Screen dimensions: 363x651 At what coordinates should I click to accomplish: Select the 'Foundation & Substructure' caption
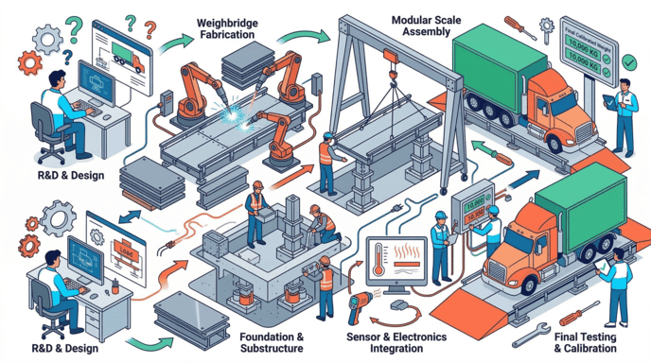pos(273,343)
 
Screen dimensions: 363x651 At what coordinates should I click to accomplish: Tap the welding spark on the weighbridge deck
pos(229,121)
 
